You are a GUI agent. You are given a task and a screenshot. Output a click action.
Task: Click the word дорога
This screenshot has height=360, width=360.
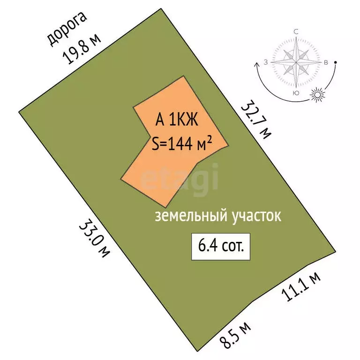(67, 29)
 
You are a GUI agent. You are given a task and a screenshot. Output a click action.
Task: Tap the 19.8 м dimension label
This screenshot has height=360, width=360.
(81, 49)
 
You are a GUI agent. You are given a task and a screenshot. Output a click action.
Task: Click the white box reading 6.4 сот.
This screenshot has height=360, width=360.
(221, 247)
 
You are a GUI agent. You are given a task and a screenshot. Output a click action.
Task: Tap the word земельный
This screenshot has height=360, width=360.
(191, 216)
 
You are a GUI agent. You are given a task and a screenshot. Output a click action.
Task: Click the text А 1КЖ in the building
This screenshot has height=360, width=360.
(177, 120)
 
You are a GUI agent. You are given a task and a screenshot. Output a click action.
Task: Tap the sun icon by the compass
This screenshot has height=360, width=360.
(317, 95)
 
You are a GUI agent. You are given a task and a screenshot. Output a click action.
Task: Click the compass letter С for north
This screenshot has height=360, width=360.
(296, 32)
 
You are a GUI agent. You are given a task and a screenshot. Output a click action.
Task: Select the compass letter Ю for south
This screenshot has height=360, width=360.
(296, 93)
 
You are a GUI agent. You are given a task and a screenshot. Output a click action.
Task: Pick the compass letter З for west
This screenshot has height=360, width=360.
(266, 62)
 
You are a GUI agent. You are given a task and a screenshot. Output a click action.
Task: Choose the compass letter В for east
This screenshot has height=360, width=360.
(326, 62)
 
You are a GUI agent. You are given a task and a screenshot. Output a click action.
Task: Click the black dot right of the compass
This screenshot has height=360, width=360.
(336, 62)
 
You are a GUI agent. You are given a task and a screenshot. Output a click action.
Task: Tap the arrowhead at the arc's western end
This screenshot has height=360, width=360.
(256, 65)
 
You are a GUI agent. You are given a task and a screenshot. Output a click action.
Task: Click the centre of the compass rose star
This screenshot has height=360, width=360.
(296, 62)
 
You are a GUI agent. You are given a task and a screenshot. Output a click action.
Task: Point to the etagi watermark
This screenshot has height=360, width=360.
(180, 179)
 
